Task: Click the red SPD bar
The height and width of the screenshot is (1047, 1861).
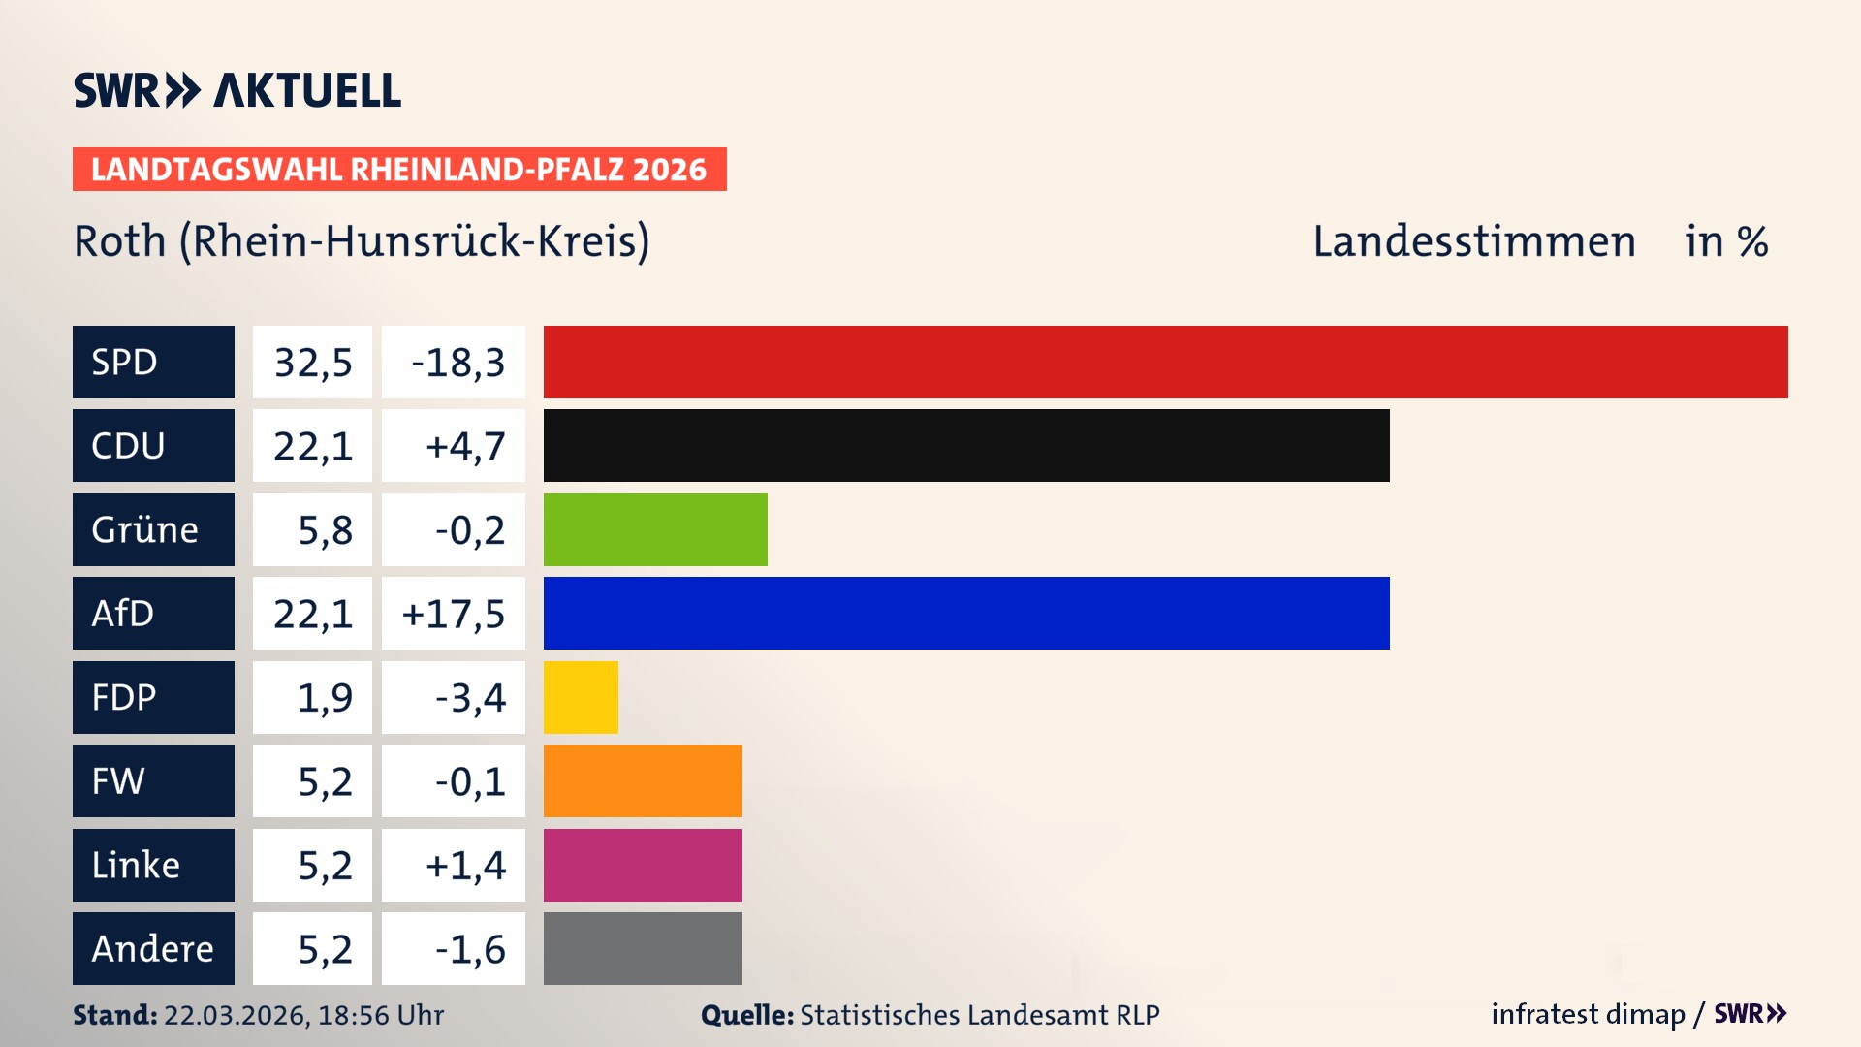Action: pyautogui.click(x=1165, y=362)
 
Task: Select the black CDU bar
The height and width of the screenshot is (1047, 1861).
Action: pyautogui.click(x=966, y=445)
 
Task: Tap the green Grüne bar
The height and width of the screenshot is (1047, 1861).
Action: pyautogui.click(x=655, y=529)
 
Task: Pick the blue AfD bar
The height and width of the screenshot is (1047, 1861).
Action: pyautogui.click(x=966, y=613)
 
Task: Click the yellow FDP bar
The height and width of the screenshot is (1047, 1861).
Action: pyautogui.click(x=581, y=697)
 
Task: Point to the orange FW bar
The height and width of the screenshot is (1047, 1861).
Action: pyautogui.click(x=643, y=780)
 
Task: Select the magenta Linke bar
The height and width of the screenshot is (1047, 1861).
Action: pyautogui.click(x=643, y=865)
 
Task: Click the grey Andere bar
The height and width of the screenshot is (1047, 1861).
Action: pyautogui.click(x=643, y=948)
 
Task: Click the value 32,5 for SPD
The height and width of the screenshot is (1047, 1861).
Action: pyautogui.click(x=312, y=363)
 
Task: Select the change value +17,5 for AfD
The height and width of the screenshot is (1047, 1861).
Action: pyautogui.click(x=454, y=614)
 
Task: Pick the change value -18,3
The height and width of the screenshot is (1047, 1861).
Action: pyautogui.click(x=457, y=363)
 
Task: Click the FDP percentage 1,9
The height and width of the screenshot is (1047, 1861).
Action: pyautogui.click(x=325, y=698)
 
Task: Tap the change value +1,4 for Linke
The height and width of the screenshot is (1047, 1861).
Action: pyautogui.click(x=465, y=866)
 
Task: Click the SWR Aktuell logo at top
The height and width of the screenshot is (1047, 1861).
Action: pyautogui.click(x=237, y=90)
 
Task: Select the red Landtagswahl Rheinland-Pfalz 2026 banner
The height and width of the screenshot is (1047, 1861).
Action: pyautogui.click(x=399, y=170)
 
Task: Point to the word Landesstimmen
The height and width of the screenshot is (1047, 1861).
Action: pyautogui.click(x=1473, y=241)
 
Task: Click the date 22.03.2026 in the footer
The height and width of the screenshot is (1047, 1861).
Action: pyautogui.click(x=236, y=1015)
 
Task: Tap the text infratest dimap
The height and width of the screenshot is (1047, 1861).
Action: pyautogui.click(x=1588, y=1014)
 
